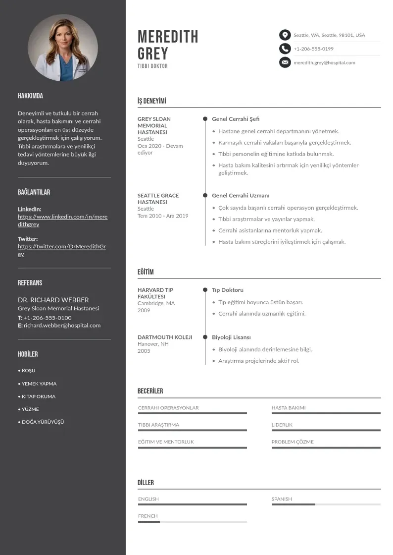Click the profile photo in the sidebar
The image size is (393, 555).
coord(63,48)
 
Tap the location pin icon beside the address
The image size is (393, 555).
coord(285,35)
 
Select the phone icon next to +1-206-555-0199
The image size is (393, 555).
coord(285,49)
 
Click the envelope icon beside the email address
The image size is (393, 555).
coord(285,62)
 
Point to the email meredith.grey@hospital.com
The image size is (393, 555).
coord(324,63)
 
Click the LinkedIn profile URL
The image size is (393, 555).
coord(62,221)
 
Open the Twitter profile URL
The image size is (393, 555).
coord(62,250)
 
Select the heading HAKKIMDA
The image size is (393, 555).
coord(30,96)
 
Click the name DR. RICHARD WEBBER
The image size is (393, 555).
coord(53,300)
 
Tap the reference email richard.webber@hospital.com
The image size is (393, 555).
coord(62,326)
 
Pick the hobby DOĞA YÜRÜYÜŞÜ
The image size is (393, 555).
coord(43,422)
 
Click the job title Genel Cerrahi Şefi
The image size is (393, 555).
coord(236,119)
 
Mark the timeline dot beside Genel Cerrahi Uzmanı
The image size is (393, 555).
coord(205,196)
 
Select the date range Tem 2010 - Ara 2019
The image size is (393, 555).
coord(163,216)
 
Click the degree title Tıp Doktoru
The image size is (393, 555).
coord(228,290)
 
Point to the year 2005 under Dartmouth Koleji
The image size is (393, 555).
coord(144,351)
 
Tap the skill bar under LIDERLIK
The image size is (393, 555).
coord(326,430)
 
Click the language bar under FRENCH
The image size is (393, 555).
coord(192,522)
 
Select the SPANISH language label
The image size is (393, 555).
coord(282,499)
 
